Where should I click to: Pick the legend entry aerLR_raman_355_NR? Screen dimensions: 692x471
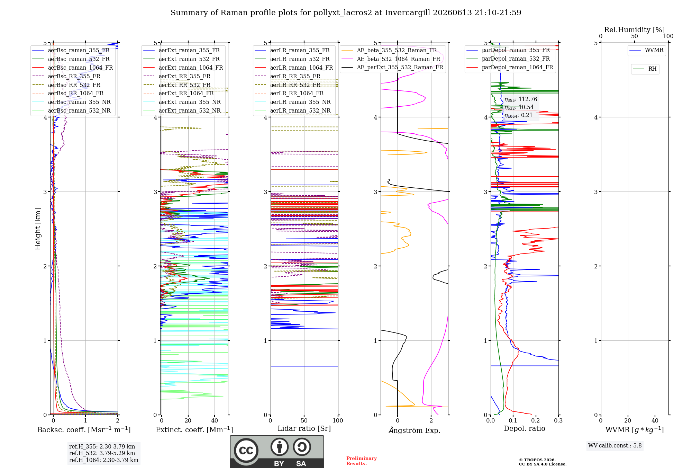tap(293, 102)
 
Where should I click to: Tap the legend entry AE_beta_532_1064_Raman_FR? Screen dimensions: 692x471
tap(391, 59)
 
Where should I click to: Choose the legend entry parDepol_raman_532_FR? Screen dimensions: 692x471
tap(508, 59)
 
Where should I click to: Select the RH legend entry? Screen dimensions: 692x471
tap(645, 69)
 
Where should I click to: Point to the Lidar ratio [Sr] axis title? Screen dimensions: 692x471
tap(304, 428)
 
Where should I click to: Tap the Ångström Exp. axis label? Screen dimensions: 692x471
tap(415, 430)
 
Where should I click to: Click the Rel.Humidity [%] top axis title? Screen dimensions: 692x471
tap(635, 30)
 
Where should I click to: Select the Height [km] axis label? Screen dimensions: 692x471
tap(38, 229)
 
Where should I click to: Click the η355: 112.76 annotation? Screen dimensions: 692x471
tap(521, 99)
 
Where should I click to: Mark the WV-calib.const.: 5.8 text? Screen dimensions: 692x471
tap(615, 446)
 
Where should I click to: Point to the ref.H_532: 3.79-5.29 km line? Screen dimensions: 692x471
tap(102, 453)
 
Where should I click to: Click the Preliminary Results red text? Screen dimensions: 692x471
tap(362, 461)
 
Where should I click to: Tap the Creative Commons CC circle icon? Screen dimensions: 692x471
tap(246, 451)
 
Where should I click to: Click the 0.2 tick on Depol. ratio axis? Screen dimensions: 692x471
tap(536, 420)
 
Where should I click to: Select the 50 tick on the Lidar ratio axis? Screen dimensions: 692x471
tap(304, 420)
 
